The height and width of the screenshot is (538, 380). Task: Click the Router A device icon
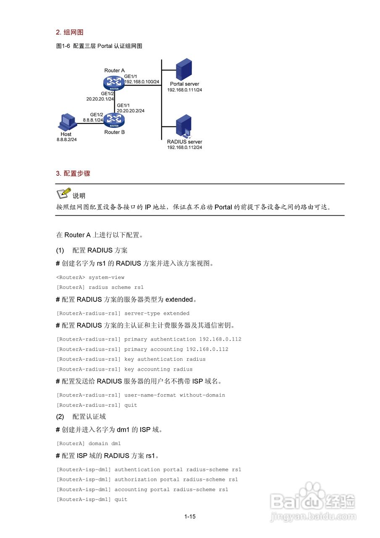(x=114, y=82)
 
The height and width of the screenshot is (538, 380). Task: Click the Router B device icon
(x=114, y=120)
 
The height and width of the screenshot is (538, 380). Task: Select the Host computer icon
(x=66, y=122)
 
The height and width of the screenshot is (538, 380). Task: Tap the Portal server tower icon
(x=184, y=69)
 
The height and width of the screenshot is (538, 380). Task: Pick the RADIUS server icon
(x=184, y=126)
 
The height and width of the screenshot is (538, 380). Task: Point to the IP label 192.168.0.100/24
(x=142, y=82)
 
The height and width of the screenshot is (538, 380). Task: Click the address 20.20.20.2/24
(x=131, y=111)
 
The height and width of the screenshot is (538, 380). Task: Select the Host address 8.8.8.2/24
(x=66, y=139)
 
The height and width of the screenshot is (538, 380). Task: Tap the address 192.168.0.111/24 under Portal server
(x=184, y=90)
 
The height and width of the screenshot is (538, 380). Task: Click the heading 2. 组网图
(x=70, y=32)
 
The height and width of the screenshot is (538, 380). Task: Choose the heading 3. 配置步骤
(x=73, y=173)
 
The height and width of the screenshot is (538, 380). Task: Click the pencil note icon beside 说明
(x=63, y=193)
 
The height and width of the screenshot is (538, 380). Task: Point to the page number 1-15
(x=190, y=517)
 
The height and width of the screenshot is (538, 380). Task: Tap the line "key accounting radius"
(x=158, y=369)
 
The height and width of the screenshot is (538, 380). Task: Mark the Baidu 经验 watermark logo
(x=313, y=501)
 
